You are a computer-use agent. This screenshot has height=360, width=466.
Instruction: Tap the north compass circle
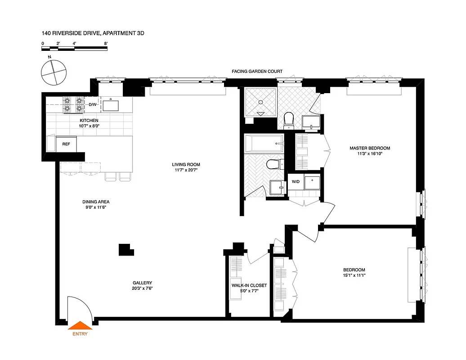pyautogui.click(x=53, y=72)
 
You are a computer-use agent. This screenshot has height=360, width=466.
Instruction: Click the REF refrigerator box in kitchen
pyautogui.click(x=66, y=144)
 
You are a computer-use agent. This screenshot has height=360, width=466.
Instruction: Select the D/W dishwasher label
pyautogui.click(x=93, y=104)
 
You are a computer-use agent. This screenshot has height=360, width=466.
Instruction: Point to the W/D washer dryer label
pyautogui.click(x=296, y=182)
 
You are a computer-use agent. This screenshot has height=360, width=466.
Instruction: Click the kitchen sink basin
pyautogui.click(x=111, y=106)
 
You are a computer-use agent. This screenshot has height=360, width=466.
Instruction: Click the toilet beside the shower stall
pyautogui.click(x=289, y=119)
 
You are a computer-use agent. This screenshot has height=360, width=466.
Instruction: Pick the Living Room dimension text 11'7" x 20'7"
pyautogui.click(x=186, y=171)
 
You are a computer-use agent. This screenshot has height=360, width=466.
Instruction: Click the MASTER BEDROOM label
pyautogui.click(x=370, y=148)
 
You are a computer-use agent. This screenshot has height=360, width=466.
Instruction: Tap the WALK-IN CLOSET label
pyautogui.click(x=249, y=285)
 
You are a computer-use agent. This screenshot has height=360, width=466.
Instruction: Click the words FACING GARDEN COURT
pyautogui.click(x=257, y=72)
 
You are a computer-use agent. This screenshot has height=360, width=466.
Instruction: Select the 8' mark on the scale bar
pyautogui.click(x=106, y=44)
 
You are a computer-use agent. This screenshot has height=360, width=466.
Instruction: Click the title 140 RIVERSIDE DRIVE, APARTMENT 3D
pyautogui.click(x=93, y=33)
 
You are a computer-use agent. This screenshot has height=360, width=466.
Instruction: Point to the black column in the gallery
pyautogui.click(x=125, y=249)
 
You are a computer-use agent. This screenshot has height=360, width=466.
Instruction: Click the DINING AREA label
pyautogui.click(x=96, y=202)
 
